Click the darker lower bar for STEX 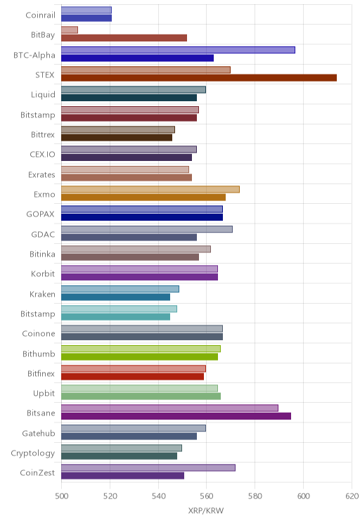(x=199, y=78)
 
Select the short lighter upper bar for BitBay (x=70, y=30)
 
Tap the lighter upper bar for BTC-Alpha (x=178, y=50)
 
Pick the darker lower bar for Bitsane (x=176, y=416)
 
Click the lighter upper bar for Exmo (x=150, y=190)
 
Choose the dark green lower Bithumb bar (x=139, y=356)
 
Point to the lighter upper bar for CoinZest (x=148, y=467)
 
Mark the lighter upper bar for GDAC (x=147, y=229)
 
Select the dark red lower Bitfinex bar (x=132, y=377)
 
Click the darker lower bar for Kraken (x=116, y=297)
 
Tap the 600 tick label (x=303, y=496)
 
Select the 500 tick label (x=61, y=496)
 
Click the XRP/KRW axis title (x=206, y=510)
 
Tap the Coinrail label (x=40, y=15)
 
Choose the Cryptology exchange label (x=33, y=453)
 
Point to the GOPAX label (x=40, y=214)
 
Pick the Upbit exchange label (x=44, y=394)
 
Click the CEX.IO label (x=42, y=155)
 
